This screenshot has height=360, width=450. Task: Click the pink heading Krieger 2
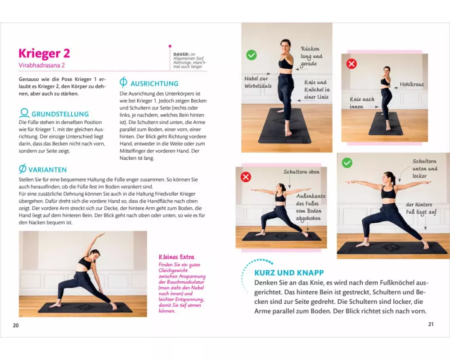pos(44,54)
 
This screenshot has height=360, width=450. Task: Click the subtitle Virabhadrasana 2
pos(41,65)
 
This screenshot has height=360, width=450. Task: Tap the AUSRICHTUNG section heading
pos(154,84)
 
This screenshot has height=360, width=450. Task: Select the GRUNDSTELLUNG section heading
pos(60,114)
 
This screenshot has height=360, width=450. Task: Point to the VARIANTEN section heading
pos(47,170)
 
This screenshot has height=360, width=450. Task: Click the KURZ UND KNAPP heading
pos(289,272)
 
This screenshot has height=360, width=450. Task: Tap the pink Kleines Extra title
pos(176,257)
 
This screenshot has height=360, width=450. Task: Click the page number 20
pos(16,325)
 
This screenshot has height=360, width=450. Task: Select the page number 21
pos(431,324)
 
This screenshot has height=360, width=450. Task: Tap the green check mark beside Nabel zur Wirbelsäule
pos(252,55)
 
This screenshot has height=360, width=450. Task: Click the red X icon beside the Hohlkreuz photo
pos(351,64)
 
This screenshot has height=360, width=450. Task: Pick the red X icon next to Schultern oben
pos(246,177)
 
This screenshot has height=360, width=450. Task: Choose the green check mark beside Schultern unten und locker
pos(347,163)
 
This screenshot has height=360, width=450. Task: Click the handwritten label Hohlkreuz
pos(412,85)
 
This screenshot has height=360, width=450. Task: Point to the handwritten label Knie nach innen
pos(362,103)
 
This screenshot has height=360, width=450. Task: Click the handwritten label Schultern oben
pos(301,172)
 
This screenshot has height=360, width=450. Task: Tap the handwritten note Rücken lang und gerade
pos(311,56)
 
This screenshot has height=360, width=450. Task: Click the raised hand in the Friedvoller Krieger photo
pos(101,235)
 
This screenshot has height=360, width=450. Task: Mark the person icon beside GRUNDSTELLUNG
pos(24,113)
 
